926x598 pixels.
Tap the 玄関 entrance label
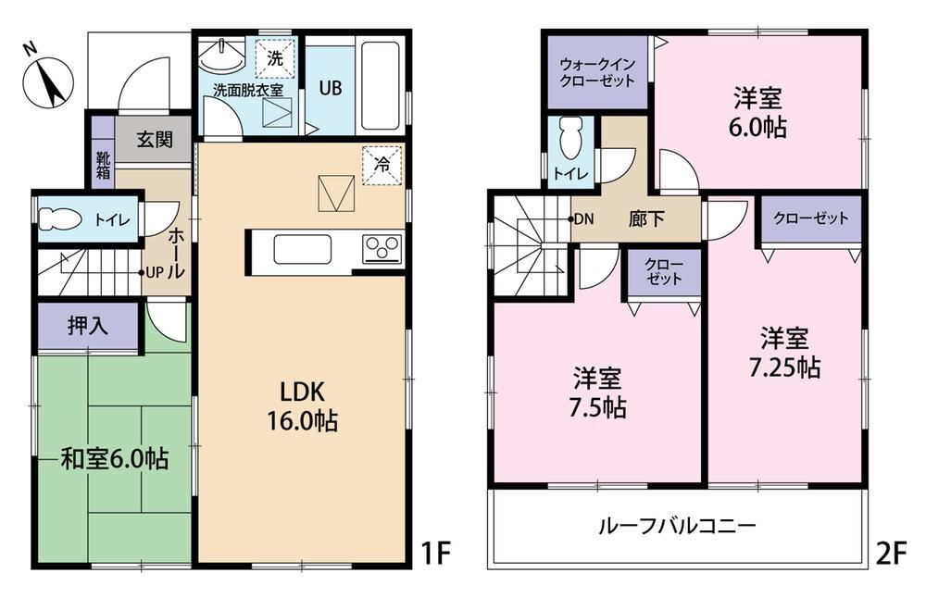pyautogui.click(x=155, y=140)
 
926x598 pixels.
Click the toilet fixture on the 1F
pyautogui.click(x=59, y=219)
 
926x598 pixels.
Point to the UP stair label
pyautogui.click(x=154, y=273)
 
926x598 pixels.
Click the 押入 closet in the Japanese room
pyautogui.click(x=88, y=327)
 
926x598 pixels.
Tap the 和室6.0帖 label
pyautogui.click(x=115, y=459)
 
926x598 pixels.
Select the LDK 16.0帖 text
pyautogui.click(x=303, y=406)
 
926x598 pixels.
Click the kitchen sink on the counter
pyautogui.click(x=303, y=249)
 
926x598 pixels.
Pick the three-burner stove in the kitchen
pyautogui.click(x=382, y=248)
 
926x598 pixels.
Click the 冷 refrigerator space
pyautogui.click(x=382, y=166)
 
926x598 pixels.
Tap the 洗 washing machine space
pyautogui.click(x=275, y=58)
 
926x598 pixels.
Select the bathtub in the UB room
pyautogui.click(x=381, y=85)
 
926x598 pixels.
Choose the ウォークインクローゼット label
pyautogui.click(x=597, y=72)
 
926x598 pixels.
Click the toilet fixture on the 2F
pyautogui.click(x=569, y=138)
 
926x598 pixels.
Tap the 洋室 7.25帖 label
pyautogui.click(x=784, y=353)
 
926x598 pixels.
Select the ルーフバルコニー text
pyautogui.click(x=677, y=525)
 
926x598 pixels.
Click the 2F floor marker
pyautogui.click(x=891, y=554)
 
